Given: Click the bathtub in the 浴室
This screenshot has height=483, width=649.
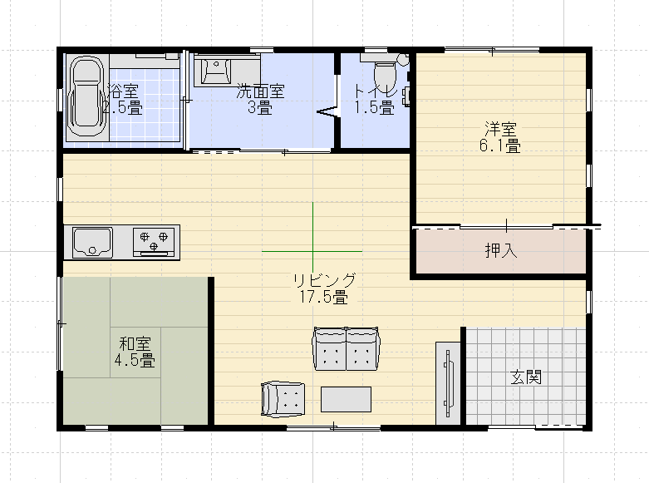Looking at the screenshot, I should (86, 96).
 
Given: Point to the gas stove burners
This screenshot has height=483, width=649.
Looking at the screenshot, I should (155, 241).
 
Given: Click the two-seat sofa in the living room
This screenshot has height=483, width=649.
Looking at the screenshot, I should (346, 349).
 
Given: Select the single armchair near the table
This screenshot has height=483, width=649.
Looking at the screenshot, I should (283, 398).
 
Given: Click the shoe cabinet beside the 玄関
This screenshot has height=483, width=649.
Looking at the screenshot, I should (449, 383).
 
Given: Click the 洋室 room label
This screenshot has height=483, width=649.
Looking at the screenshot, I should (502, 129).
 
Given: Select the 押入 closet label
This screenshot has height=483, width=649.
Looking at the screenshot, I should (501, 251).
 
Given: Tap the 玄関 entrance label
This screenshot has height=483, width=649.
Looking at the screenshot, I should (526, 377).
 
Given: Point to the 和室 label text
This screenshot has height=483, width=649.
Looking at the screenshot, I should (135, 343).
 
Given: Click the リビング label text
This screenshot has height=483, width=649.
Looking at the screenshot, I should (323, 279).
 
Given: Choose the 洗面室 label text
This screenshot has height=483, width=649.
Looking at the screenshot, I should (260, 91).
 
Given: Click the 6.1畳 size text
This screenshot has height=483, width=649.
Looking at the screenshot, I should (502, 146).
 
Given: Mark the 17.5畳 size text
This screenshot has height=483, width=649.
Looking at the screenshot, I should (323, 296).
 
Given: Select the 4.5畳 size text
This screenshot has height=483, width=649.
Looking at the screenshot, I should (135, 361).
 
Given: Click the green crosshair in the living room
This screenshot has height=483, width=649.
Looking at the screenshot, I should (312, 251).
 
